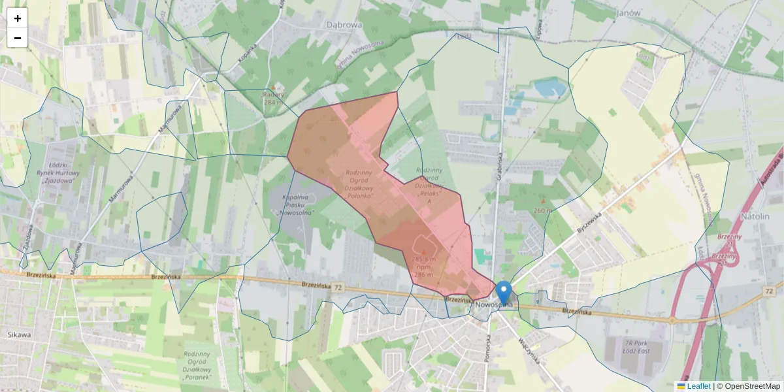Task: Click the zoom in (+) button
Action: click(18, 18)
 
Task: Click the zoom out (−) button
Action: click(18, 38)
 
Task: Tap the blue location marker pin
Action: click(503, 293)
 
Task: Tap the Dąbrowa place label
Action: click(344, 24)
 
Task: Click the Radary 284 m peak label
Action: click(274, 98)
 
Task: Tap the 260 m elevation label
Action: click(543, 210)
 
